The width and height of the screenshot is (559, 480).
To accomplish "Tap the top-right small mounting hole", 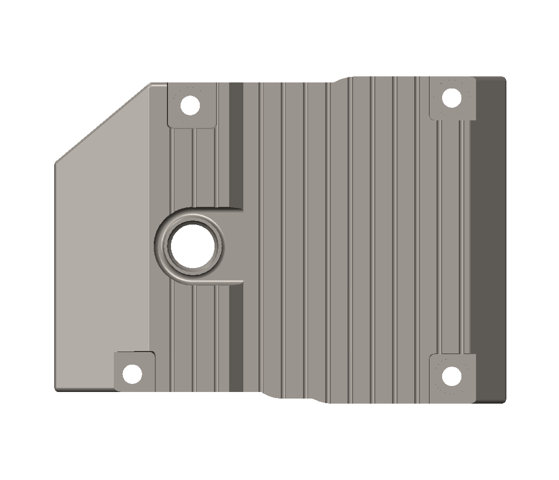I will click(452, 98).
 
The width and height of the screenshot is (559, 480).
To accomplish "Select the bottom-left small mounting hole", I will click(133, 374).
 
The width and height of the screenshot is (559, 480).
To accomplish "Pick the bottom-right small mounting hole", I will click(452, 376).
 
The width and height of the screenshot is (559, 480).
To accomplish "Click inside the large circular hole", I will click(194, 246).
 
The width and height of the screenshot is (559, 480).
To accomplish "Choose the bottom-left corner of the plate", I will click(56, 389).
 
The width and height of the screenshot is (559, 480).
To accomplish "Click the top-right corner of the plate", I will click(504, 78).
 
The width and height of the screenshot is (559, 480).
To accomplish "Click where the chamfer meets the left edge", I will click(56, 163).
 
